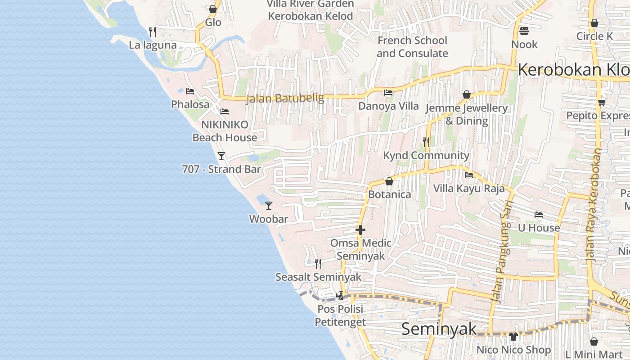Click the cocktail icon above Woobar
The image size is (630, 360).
click(269, 206)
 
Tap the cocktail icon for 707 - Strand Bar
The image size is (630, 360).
click(221, 156)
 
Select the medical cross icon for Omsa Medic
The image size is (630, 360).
click(360, 230)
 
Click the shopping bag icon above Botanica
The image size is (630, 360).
click(389, 181)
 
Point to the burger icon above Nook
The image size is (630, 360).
click(524, 31)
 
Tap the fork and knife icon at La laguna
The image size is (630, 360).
click(153, 31)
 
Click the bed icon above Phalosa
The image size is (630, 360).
click(190, 91)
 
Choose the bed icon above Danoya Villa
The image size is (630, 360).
click(388, 93)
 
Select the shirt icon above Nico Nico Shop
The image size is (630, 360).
click(513, 336)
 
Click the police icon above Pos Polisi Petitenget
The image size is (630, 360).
click(340, 296)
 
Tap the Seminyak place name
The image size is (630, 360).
click(438, 329)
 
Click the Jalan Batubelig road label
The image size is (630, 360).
click(285, 99)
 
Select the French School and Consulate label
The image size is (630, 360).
click(412, 47)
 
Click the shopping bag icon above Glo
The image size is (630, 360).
click(213, 9)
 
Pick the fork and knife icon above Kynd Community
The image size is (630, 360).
click(426, 142)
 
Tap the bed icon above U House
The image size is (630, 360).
click(538, 215)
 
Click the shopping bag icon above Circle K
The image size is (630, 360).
click(594, 23)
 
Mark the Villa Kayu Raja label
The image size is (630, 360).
click(469, 188)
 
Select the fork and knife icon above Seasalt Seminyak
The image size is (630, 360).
click(318, 263)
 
